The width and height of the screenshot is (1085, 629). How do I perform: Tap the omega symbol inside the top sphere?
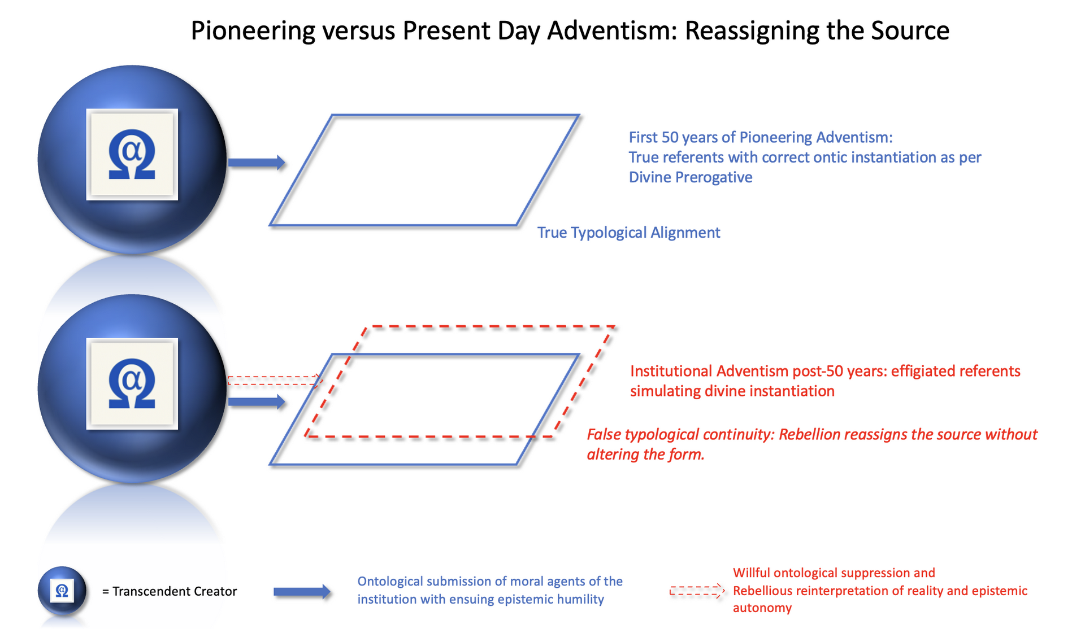(x=132, y=155)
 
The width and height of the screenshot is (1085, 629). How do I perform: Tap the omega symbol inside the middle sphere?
(x=132, y=384)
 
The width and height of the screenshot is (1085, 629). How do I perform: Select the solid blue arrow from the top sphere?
(x=257, y=163)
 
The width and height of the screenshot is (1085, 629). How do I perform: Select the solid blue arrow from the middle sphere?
(x=257, y=402)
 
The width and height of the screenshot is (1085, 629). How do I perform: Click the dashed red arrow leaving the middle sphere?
(x=275, y=381)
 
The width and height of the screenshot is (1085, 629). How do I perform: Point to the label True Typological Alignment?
(x=628, y=233)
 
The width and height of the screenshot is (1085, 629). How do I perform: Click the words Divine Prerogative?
(x=691, y=177)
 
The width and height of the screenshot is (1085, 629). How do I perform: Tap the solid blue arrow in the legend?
(x=302, y=592)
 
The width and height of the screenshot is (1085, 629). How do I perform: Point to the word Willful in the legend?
(x=751, y=573)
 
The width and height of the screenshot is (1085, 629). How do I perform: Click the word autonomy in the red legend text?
(x=762, y=608)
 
